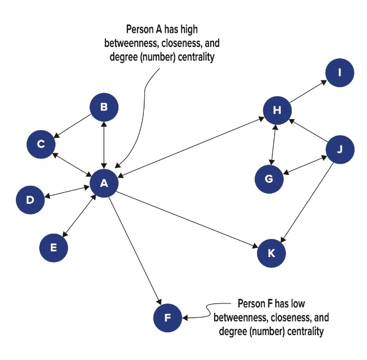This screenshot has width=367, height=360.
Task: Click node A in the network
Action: coord(104,183)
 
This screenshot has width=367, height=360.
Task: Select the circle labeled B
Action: coord(104,107)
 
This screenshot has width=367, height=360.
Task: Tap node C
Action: coord(41,144)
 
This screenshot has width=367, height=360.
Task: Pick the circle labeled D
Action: coord(31,200)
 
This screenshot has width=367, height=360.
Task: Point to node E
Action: coord(54,247)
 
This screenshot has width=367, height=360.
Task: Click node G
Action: coord(269,179)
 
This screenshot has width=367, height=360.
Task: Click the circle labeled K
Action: coord(271,253)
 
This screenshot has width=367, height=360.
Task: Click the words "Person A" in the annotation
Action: coord(143,29)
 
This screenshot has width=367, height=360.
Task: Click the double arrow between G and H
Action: coord(274,145)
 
